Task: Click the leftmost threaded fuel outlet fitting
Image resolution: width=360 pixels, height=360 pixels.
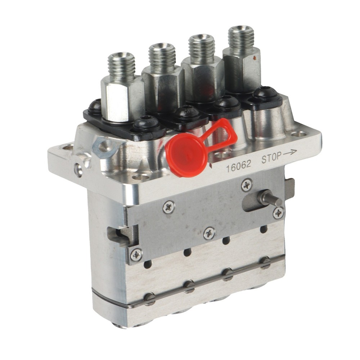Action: (x=121, y=67)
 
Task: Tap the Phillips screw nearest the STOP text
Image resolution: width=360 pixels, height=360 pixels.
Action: (x=247, y=185)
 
